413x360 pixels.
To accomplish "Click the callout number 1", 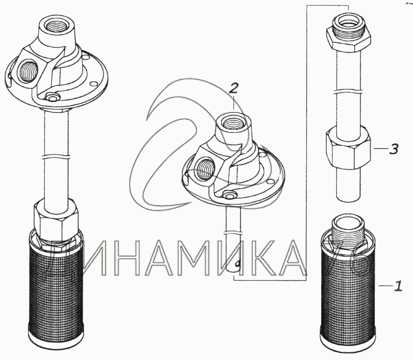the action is (398, 286).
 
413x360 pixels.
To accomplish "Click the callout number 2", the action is (233, 88).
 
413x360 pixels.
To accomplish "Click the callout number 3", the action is (393, 149).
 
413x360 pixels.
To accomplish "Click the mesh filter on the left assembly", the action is (55, 287).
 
